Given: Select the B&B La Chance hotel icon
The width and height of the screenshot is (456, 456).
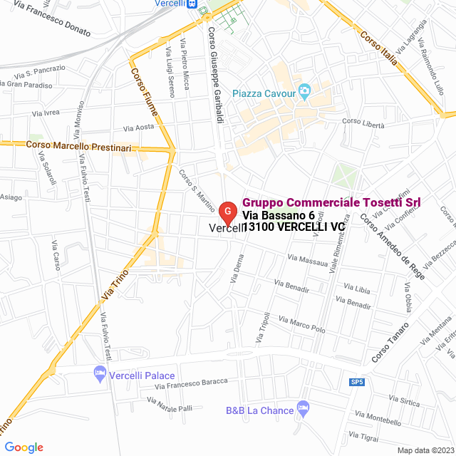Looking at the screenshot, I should [x=304, y=408].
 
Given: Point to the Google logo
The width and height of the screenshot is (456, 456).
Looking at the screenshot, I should [x=23, y=447].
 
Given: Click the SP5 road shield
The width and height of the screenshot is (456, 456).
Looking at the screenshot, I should [x=357, y=383].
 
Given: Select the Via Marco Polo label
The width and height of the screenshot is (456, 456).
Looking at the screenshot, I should [x=302, y=325].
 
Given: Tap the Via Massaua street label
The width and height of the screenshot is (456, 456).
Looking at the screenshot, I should [x=308, y=260].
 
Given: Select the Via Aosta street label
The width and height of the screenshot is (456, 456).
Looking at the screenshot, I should [x=139, y=128].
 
